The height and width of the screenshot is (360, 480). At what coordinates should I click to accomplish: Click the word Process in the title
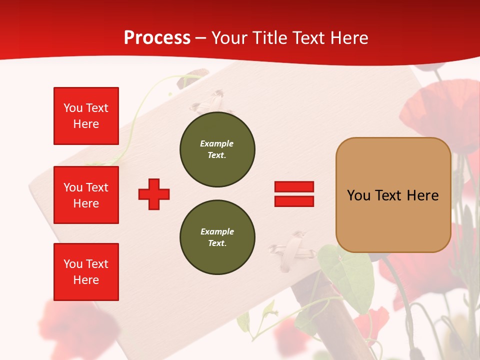coord(157,38)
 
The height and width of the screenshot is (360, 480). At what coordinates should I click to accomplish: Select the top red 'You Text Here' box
coord(86,116)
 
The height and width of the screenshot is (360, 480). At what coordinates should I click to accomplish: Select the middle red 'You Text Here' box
coord(86,195)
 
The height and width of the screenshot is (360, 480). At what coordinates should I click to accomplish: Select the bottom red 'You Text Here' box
coord(86,272)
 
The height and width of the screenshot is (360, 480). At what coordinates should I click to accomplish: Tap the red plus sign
coord(154,194)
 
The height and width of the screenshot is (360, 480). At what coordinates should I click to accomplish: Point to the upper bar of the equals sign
coord(294,186)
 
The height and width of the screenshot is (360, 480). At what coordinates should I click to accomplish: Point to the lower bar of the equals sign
coord(294,201)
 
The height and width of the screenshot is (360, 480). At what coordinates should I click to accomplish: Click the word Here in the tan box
coord(422,195)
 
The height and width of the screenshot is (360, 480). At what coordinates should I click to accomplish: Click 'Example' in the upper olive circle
coord(216,143)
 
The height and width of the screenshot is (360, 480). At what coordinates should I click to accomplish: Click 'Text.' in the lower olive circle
coord(217,243)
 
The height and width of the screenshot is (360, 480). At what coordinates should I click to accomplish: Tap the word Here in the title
coord(348,38)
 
